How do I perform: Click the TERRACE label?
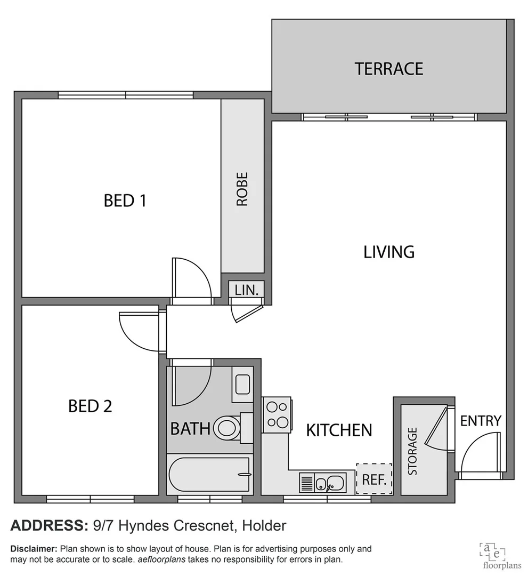(389, 69)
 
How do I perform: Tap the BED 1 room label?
(125, 201)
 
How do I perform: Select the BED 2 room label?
(90, 406)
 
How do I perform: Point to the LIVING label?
(389, 252)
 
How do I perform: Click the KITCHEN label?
(339, 430)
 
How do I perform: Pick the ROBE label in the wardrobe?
(242, 189)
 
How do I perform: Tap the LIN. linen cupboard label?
(246, 290)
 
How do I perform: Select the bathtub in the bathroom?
(208, 475)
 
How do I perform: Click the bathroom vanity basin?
(242, 384)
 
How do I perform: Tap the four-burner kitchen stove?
(276, 414)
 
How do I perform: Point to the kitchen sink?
(323, 483)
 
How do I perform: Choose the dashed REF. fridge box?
(374, 479)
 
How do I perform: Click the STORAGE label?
(413, 451)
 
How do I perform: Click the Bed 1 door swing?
(191, 278)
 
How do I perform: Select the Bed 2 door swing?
(140, 332)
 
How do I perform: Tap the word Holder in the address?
(264, 526)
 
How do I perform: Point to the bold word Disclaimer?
(34, 549)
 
